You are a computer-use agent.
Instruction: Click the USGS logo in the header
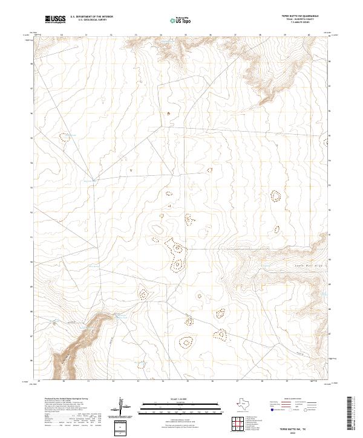click(56, 19)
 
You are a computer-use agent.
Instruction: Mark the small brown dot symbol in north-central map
click(168, 113)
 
